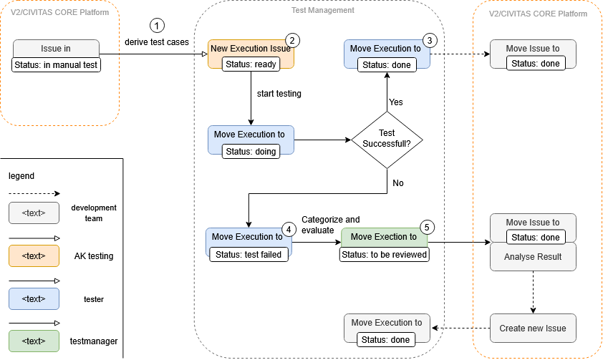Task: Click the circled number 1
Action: coord(158,25)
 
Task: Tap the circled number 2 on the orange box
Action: coord(291,41)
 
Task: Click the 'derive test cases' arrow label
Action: coord(157,42)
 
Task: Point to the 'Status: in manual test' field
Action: coord(56,65)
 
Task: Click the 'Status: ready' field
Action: coord(251,64)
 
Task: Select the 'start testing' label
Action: coord(279,94)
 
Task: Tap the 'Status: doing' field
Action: coord(251,151)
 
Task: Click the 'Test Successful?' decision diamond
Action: coord(387,139)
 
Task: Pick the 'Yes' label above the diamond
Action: coord(396,102)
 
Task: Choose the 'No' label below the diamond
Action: coord(398,183)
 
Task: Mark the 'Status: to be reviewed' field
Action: coord(384,254)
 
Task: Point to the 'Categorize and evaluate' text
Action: coord(330,225)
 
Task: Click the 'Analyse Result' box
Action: coord(533,257)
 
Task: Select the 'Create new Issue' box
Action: coord(533,329)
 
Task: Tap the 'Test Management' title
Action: coord(322,11)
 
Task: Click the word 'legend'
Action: coord(21,176)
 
